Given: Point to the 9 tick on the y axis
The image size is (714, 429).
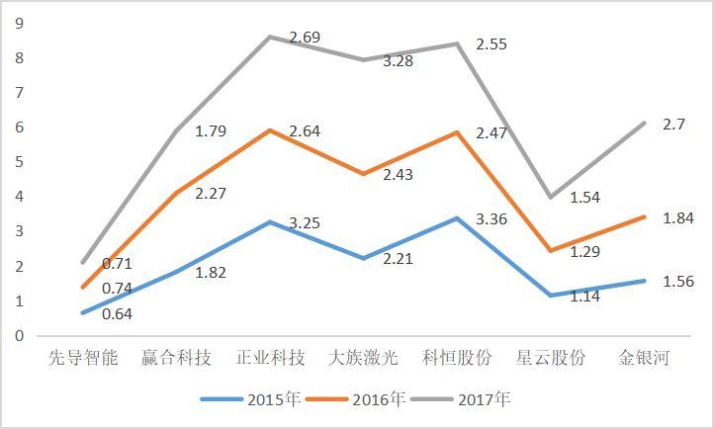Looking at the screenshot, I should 18,23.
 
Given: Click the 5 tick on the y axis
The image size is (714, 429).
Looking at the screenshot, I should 18,162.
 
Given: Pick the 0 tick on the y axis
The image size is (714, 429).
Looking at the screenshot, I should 18,336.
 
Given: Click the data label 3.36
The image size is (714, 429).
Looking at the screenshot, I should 491,218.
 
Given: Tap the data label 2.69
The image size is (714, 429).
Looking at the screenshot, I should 305,39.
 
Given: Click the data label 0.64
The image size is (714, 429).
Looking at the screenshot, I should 117,314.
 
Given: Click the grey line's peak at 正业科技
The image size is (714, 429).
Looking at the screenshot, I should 270,37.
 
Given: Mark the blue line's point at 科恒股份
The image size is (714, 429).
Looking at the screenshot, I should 457,218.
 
